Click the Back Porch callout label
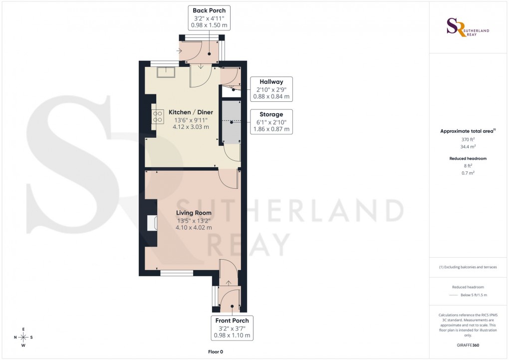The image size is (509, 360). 210,17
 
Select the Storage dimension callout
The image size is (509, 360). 271,122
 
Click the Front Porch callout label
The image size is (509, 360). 232,328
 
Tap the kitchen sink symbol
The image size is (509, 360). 166,72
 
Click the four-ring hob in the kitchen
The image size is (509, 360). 158,116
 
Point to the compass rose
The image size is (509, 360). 23,337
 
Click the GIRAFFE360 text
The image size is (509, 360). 469,345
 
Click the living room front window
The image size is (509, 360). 176,273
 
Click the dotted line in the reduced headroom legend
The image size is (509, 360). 454,295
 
